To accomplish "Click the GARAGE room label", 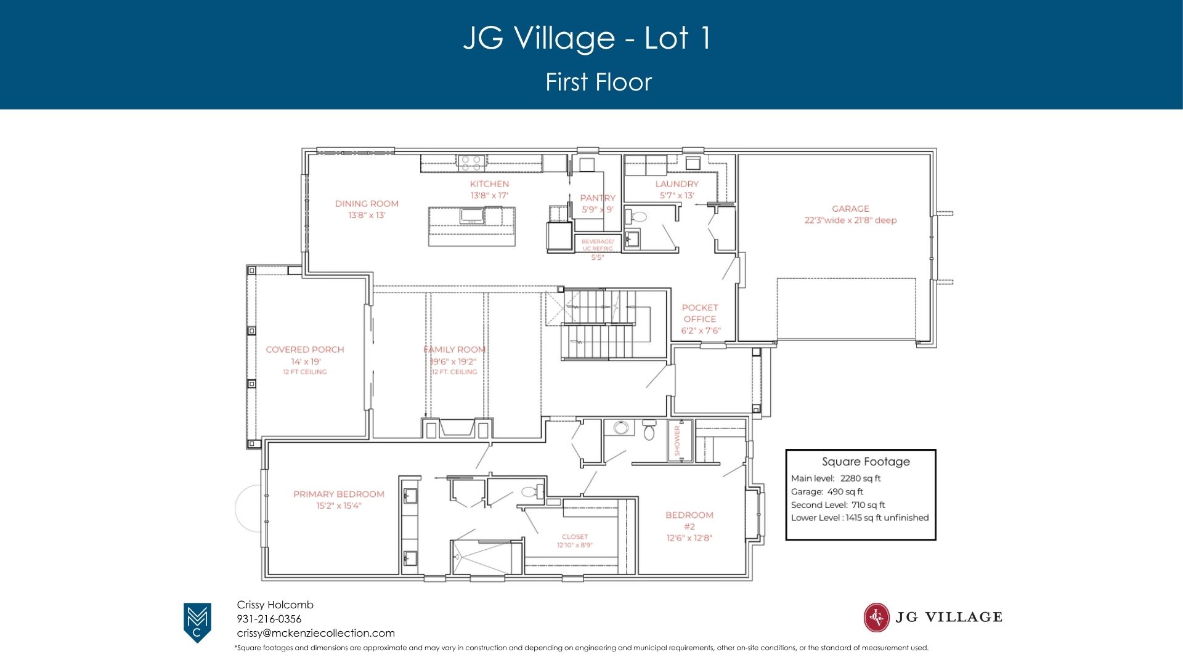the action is click(850, 209).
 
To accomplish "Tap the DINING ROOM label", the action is click(367, 204).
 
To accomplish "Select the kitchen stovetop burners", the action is click(471, 163).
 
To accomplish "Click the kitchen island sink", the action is click(472, 216).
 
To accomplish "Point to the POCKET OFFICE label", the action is click(700, 313).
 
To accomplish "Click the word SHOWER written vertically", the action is click(677, 440).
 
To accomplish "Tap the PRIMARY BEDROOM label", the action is click(339, 494).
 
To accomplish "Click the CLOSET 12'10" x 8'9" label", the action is click(575, 541).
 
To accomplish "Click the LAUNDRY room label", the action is click(677, 184).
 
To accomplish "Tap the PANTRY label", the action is click(598, 198).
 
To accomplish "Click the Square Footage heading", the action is click(866, 462).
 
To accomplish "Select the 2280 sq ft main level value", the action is click(860, 478).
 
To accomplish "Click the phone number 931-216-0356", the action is click(269, 619).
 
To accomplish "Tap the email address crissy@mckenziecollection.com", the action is click(316, 633).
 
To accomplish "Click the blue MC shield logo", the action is click(197, 623).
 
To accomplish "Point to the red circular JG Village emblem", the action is click(876, 618).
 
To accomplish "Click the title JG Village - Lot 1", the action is click(588, 38).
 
